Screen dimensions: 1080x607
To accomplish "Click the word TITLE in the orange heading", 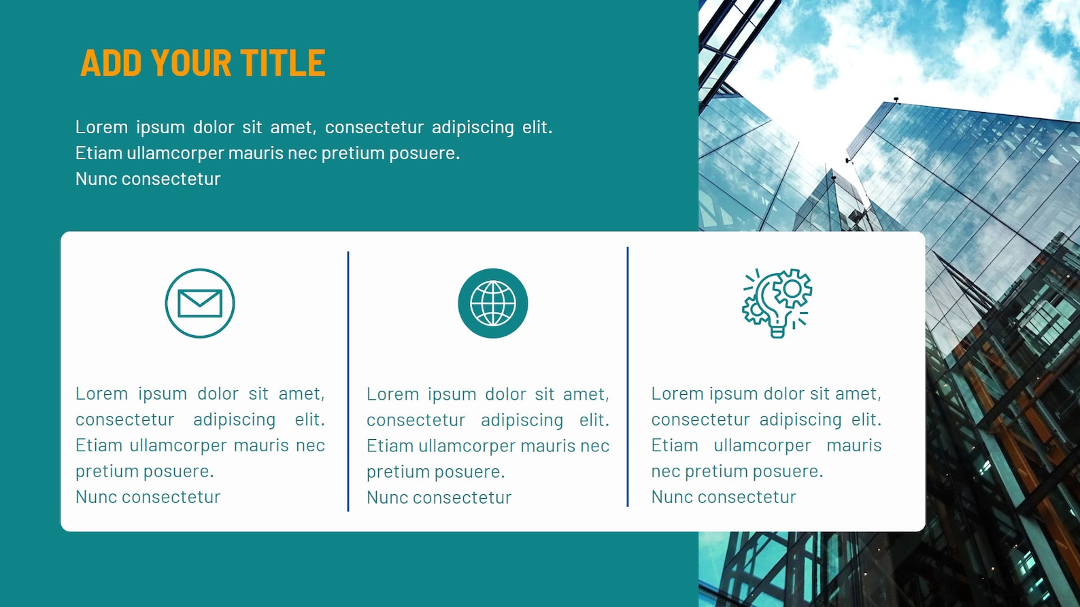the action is [282, 63].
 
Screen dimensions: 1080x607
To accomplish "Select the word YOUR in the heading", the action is [191, 63].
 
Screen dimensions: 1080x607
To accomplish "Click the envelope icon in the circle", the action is [200, 303].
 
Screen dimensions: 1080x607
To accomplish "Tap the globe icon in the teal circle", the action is [493, 303].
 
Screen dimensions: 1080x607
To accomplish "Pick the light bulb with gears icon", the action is [777, 303].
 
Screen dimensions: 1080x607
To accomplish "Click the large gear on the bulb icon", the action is [792, 288].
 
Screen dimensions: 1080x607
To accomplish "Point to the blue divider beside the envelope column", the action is [348, 381].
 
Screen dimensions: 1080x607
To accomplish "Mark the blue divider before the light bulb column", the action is [628, 377].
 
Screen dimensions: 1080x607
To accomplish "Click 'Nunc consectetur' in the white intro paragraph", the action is [148, 179].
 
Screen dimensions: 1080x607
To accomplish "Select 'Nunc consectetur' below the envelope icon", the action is [148, 497].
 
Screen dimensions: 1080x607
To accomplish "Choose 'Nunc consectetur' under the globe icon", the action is [439, 497].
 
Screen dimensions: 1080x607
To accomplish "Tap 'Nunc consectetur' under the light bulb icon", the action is [724, 497].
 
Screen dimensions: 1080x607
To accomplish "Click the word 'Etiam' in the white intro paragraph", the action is [99, 153].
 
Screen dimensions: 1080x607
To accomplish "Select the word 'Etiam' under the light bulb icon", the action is [675, 445].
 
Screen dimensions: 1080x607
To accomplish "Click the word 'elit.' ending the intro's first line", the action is [537, 127].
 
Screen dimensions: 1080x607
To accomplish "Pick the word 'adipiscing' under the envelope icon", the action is [235, 419].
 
